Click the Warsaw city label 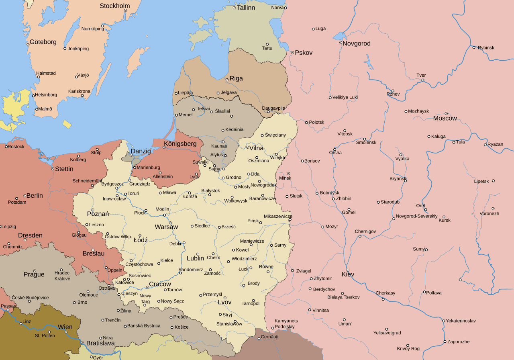pyautogui.click(x=166, y=227)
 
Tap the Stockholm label pyautogui.click(x=115, y=6)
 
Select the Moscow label pyautogui.click(x=445, y=119)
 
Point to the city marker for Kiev pyautogui.click(x=348, y=270)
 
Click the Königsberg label pyautogui.click(x=180, y=144)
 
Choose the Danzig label pyautogui.click(x=141, y=151)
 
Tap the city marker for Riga pyautogui.click(x=227, y=80)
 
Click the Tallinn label pyautogui.click(x=246, y=8)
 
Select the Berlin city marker pyautogui.click(x=25, y=196)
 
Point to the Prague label pyautogui.click(x=34, y=275)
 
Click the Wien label pyautogui.click(x=65, y=327)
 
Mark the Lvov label pyautogui.click(x=224, y=302)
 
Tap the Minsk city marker pyautogui.click(x=288, y=174)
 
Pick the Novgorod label pyautogui.click(x=357, y=43)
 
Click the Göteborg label pyautogui.click(x=43, y=42)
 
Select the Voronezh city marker pyautogui.click(x=493, y=209)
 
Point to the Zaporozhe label pyautogui.click(x=458, y=342)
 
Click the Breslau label pyautogui.click(x=94, y=254)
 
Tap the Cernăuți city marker pyautogui.click(x=259, y=339)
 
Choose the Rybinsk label pyautogui.click(x=486, y=48)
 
